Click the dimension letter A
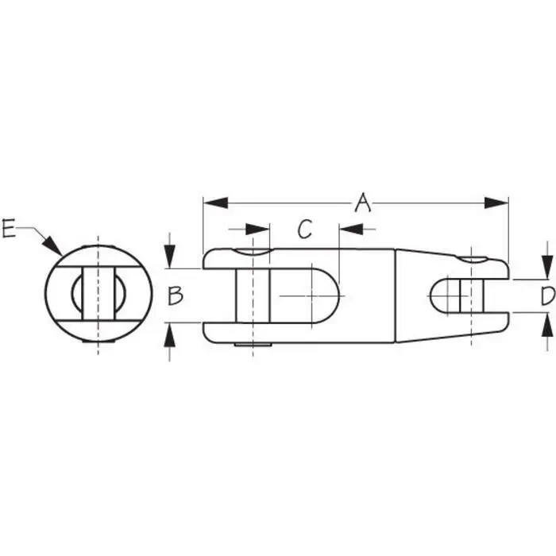pos(362,203)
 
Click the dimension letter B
pos(176,295)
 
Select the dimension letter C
pos(305,230)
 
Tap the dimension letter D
pos(546,296)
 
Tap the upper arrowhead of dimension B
pos(169,259)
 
